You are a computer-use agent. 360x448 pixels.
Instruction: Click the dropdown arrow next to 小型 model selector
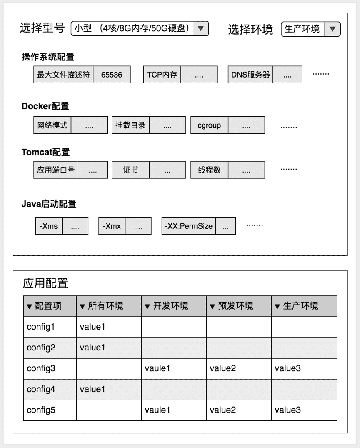click(200, 28)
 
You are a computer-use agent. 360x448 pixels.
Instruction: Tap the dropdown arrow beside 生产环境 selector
click(332, 29)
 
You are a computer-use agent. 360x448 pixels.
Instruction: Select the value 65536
click(112, 75)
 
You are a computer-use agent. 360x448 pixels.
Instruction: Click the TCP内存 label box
click(162, 75)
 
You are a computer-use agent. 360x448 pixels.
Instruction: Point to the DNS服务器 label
click(250, 75)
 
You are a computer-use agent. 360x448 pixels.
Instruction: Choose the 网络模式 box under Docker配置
click(52, 125)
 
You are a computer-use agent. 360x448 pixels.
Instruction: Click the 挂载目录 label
click(130, 125)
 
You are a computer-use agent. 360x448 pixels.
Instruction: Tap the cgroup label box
click(209, 125)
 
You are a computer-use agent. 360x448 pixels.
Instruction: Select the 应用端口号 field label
click(56, 170)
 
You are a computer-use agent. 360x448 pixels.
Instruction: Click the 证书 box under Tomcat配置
click(130, 170)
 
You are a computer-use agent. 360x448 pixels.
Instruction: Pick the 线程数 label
click(209, 170)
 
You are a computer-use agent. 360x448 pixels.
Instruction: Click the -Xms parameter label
click(49, 226)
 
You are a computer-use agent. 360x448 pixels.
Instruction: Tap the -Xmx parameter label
click(112, 226)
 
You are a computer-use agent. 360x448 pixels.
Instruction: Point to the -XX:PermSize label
click(189, 226)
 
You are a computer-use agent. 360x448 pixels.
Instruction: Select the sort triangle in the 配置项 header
click(29, 307)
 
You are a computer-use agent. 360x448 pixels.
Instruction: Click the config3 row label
click(41, 368)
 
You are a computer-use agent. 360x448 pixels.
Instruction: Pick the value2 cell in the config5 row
click(223, 410)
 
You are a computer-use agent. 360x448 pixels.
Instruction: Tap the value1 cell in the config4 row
click(92, 389)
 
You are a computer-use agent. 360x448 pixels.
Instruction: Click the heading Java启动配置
click(49, 204)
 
